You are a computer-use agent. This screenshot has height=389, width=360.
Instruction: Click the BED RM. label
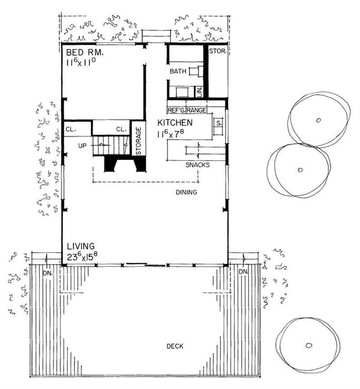84,53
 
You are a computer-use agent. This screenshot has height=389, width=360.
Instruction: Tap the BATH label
177,71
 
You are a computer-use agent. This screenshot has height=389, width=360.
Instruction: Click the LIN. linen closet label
199,92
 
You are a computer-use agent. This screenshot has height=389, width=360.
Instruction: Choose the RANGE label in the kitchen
196,111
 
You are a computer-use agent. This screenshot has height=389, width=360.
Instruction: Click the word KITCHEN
175,123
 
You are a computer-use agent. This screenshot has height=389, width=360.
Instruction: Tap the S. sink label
218,123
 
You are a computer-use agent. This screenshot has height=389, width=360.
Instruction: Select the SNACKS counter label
197,165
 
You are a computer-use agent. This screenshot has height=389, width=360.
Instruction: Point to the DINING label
186,192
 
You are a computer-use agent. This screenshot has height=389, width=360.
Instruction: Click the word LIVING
81,246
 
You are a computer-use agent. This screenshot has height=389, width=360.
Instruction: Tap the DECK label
174,346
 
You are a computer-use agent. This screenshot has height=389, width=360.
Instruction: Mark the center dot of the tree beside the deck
309,345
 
